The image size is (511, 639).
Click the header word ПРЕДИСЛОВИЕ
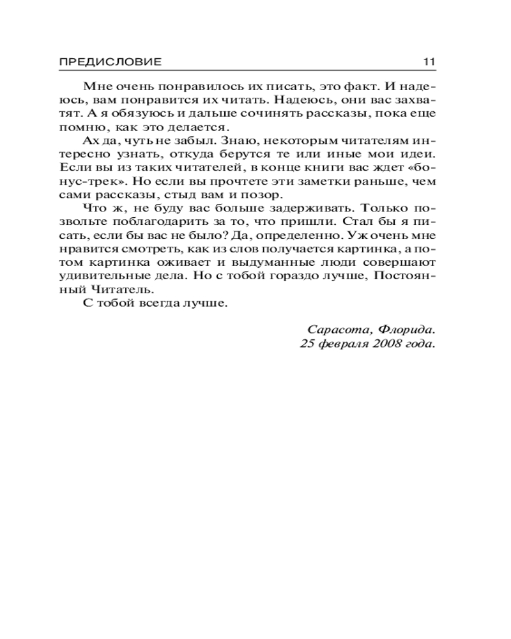tap(111, 62)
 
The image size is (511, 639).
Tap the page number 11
tap(429, 62)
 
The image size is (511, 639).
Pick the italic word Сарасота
tap(339, 330)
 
